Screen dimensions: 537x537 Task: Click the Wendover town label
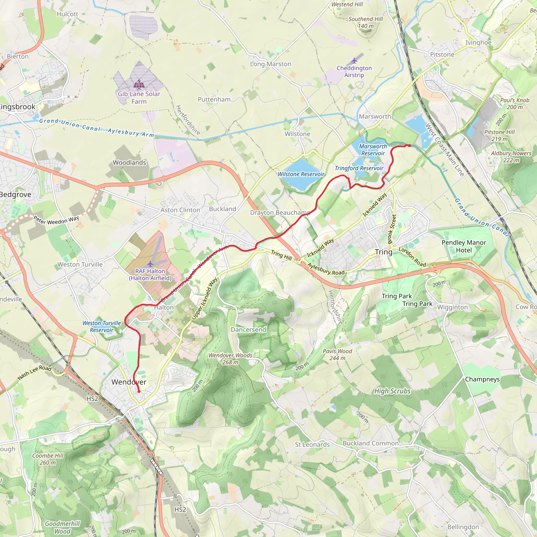[129, 382]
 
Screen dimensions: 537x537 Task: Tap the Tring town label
[384, 252]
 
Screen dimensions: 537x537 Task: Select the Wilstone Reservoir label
[301, 174]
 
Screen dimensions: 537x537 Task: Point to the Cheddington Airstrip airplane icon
[354, 60]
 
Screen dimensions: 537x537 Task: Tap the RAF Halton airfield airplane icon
[150, 264]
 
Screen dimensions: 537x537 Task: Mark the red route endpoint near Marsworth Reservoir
[409, 145]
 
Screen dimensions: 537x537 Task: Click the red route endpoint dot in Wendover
[139, 392]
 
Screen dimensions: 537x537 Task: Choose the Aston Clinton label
[180, 210]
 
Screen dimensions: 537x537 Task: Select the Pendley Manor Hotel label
[464, 246]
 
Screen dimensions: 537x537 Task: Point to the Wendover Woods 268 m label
[230, 358]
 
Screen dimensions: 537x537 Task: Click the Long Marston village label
[270, 64]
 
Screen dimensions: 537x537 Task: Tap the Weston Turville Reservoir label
[102, 327]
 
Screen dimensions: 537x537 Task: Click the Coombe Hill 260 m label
[48, 459]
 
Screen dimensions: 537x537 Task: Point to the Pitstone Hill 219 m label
[500, 135]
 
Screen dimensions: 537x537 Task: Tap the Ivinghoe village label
[478, 42]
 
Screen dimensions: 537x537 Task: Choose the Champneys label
[482, 379]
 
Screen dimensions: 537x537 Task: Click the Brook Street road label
[392, 229]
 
